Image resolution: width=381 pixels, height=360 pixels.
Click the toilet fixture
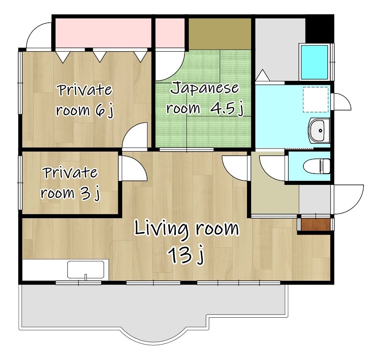click(x=317, y=166)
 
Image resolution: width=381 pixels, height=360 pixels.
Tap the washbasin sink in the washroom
click(x=319, y=130)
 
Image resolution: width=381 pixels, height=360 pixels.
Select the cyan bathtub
click(x=315, y=62)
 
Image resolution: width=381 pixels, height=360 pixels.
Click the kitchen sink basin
click(x=86, y=269)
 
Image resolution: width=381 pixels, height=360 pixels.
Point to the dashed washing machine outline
click(x=316, y=100)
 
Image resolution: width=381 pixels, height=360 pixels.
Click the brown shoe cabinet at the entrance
click(x=315, y=224)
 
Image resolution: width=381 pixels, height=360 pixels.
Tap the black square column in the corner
click(x=319, y=29)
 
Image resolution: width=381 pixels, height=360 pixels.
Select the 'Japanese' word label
click(x=204, y=88)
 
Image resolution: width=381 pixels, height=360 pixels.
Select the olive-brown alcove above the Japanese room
click(x=220, y=34)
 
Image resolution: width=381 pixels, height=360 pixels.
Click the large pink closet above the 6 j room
click(x=103, y=33)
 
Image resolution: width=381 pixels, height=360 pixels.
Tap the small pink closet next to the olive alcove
click(x=170, y=33)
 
